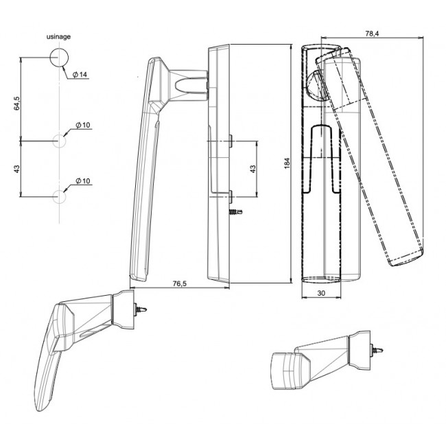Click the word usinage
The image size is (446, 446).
(58, 36)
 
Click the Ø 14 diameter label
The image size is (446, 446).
(80, 75)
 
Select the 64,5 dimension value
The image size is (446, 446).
(16, 103)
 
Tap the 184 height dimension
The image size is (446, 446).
(287, 163)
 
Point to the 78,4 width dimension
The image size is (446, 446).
(372, 34)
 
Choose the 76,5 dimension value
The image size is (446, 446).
(180, 283)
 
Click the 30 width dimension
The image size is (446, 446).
(321, 293)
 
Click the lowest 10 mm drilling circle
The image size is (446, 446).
(60, 196)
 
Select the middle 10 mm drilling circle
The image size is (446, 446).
(60, 141)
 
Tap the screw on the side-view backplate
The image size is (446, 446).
(236, 212)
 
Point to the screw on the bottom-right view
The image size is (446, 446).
(377, 349)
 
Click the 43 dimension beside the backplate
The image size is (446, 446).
(253, 169)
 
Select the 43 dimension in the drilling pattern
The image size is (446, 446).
(16, 169)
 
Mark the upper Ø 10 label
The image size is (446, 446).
(83, 125)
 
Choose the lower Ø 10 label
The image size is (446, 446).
(83, 180)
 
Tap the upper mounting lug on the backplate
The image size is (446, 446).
(231, 141)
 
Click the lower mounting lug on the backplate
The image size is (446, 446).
(231, 196)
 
